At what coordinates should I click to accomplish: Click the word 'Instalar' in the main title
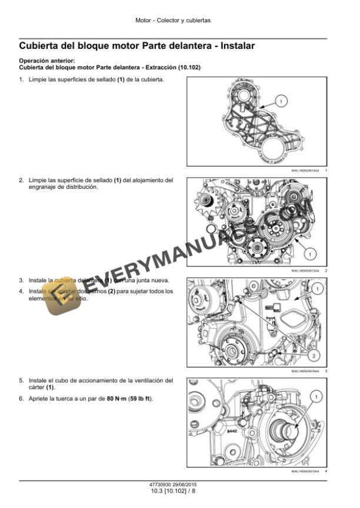tap(231, 45)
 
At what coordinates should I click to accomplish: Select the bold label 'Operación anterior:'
tap(46, 61)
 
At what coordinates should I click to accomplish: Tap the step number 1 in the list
tap(21, 79)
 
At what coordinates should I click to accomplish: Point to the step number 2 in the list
tap(21, 180)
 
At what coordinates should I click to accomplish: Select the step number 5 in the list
tap(21, 380)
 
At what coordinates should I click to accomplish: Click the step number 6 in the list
tap(21, 399)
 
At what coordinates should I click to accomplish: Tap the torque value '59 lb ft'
tap(139, 399)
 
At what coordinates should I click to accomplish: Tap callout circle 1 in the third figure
tap(316, 288)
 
